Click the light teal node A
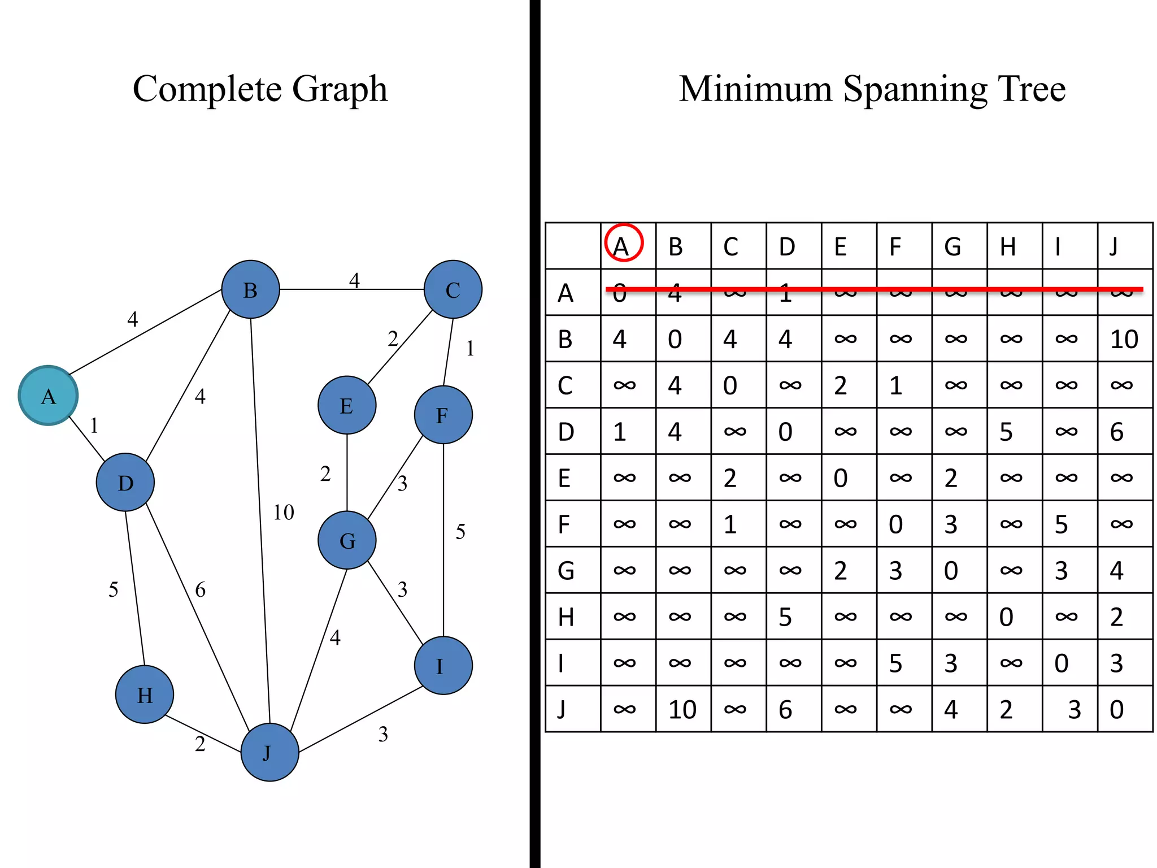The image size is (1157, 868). [x=48, y=396]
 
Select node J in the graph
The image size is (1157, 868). [x=269, y=752]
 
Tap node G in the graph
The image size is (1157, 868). [x=347, y=540]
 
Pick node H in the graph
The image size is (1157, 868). [x=145, y=695]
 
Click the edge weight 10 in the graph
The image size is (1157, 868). [x=284, y=513]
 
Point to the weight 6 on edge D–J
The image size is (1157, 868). [x=200, y=590]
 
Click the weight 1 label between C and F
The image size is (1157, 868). [x=470, y=349]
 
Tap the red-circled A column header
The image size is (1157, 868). [x=623, y=245]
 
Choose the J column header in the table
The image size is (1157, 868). [x=1113, y=246]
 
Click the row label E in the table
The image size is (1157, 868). [x=564, y=478]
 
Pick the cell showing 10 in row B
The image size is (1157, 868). [x=1124, y=339]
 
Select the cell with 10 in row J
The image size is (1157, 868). [x=682, y=709]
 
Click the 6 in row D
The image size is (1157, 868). [x=1116, y=432]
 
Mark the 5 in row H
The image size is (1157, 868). [x=785, y=617]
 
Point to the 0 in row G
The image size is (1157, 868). [x=951, y=571]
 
